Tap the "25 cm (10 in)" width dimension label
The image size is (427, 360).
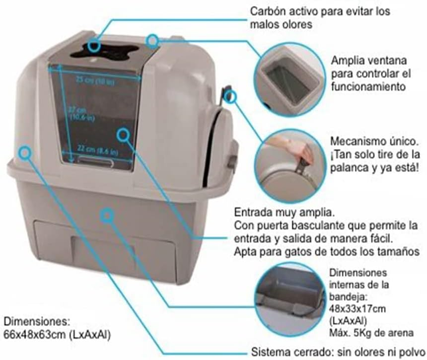coord(95,80)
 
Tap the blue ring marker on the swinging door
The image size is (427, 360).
coord(123,134)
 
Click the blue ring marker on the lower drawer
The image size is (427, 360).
coord(106,215)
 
